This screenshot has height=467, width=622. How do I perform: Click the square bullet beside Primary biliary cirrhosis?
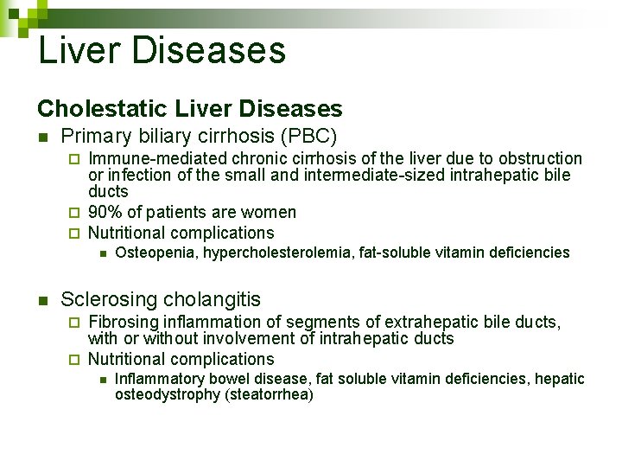tap(42, 137)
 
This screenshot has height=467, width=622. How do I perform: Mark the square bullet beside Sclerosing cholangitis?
tap(42, 301)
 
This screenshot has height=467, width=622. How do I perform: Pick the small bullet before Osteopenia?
tap(101, 253)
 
